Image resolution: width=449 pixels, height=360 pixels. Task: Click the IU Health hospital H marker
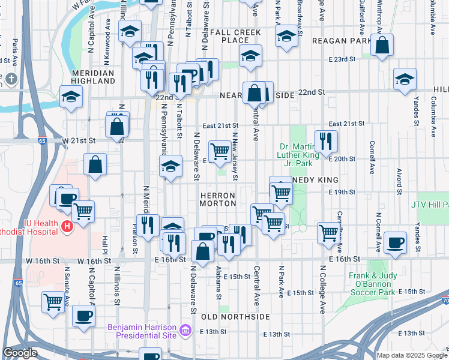[67, 227]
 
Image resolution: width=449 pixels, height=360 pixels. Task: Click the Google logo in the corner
[20, 353]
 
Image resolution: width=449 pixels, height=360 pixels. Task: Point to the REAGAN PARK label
[340, 40]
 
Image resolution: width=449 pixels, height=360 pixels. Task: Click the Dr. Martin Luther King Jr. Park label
[303, 154]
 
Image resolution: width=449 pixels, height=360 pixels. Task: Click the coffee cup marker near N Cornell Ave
[395, 242]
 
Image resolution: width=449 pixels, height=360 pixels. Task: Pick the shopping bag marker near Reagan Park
[382, 45]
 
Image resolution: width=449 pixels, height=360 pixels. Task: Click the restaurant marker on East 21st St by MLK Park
[326, 140]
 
